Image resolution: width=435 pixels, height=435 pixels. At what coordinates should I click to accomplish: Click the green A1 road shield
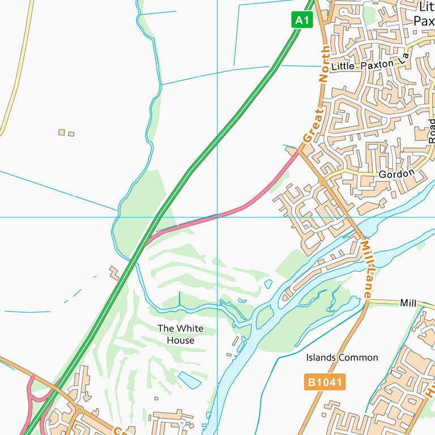coord(302,20)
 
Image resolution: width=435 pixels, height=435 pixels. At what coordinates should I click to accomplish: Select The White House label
coord(180,334)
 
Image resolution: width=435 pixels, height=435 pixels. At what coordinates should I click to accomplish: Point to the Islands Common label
coord(342,357)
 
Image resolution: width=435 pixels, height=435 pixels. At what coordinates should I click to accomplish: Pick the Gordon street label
coord(396,174)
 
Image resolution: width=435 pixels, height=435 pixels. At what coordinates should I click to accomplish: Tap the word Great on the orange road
coord(312,126)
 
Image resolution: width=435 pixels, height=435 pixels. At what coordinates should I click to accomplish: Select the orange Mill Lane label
coord(368,268)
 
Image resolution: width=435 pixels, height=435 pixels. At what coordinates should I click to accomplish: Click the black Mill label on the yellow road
coord(408,303)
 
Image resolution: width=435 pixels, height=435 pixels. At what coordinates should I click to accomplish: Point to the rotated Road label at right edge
coord(432,131)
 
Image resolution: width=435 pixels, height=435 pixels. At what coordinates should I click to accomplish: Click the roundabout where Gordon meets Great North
coord(322,181)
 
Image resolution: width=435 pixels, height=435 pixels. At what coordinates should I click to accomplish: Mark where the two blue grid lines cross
coord(217,217)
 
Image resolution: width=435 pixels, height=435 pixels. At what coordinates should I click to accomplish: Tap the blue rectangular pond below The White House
coord(189,379)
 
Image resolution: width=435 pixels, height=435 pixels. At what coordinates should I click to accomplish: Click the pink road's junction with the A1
coord(148,240)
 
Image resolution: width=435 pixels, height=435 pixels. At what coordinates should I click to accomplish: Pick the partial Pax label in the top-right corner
coord(423,21)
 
